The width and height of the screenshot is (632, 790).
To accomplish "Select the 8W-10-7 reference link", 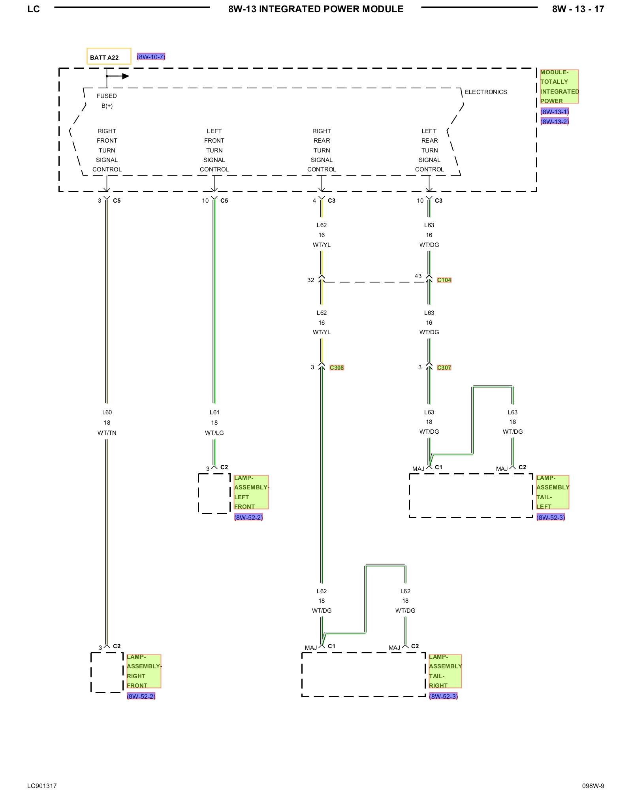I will click(151, 57).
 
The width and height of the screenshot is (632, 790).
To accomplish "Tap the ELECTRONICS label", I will click(485, 92).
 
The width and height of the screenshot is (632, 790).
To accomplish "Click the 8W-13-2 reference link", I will click(555, 121).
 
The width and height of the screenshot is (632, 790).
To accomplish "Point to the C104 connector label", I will click(444, 280).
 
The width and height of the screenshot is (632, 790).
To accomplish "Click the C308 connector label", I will click(337, 368).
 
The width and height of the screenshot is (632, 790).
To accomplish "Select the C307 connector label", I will click(444, 368).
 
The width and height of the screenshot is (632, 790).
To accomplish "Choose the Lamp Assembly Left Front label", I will click(251, 492).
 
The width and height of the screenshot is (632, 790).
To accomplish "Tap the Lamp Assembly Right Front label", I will click(144, 671).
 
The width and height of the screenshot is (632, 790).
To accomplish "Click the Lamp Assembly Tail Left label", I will click(553, 492).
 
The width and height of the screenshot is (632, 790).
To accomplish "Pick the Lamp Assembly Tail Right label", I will click(445, 671).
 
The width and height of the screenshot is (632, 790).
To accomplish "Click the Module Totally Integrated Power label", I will click(559, 87).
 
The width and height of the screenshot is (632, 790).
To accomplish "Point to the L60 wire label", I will click(107, 412).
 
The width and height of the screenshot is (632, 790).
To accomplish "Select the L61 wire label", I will click(214, 412).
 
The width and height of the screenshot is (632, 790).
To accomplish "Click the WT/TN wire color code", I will click(107, 433).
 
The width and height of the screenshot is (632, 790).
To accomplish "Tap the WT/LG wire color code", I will click(214, 433).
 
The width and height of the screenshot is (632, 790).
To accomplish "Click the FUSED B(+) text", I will click(107, 101).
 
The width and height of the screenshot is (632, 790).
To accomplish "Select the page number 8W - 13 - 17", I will click(578, 9).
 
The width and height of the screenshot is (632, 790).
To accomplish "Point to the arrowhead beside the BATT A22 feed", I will click(126, 76).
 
